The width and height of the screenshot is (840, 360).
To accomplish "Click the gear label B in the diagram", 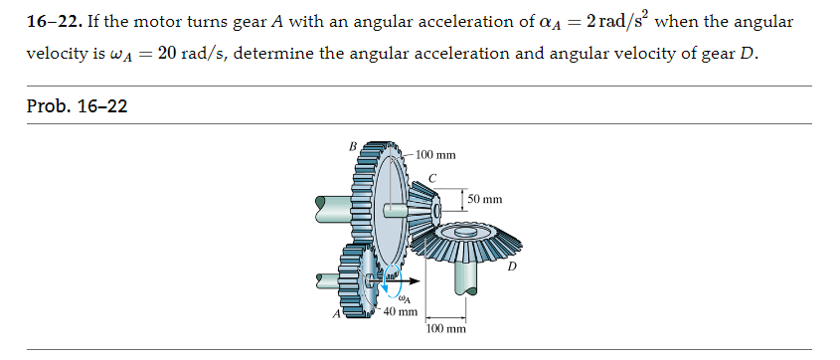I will tap(353, 146).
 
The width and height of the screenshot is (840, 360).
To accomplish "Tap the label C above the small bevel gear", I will tap(431, 178).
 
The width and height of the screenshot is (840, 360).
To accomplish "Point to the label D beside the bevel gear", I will tap(512, 266).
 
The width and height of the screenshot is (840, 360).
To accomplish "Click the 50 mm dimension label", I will tap(486, 200).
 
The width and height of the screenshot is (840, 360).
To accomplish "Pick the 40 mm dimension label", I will tap(401, 311).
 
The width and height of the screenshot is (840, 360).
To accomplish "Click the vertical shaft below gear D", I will tap(463, 273).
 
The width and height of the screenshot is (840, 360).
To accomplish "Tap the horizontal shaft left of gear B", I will tap(330, 208).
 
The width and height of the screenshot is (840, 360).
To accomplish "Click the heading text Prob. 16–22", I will tap(77, 106).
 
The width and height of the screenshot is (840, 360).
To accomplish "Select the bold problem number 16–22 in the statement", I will tap(54, 21).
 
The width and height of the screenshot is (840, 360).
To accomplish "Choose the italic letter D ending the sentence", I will tap(748, 53).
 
